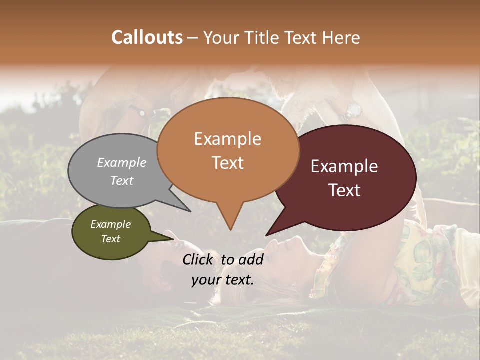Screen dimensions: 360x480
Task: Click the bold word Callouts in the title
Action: click(x=147, y=37)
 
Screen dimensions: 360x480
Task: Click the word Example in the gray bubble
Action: click(x=121, y=162)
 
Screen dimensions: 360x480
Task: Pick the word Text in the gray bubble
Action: click(x=121, y=180)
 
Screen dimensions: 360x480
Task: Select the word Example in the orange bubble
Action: click(x=227, y=139)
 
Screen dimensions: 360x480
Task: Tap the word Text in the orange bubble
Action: click(x=227, y=163)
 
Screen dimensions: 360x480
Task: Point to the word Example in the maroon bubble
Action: click(x=344, y=166)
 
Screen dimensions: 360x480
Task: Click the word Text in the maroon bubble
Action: click(x=344, y=190)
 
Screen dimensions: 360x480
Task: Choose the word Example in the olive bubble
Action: click(x=110, y=224)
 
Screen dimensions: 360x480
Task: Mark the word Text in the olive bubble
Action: click(x=110, y=239)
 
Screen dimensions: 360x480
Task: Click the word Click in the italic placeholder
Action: click(x=200, y=259)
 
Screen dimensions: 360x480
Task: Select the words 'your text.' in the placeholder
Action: click(x=223, y=280)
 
